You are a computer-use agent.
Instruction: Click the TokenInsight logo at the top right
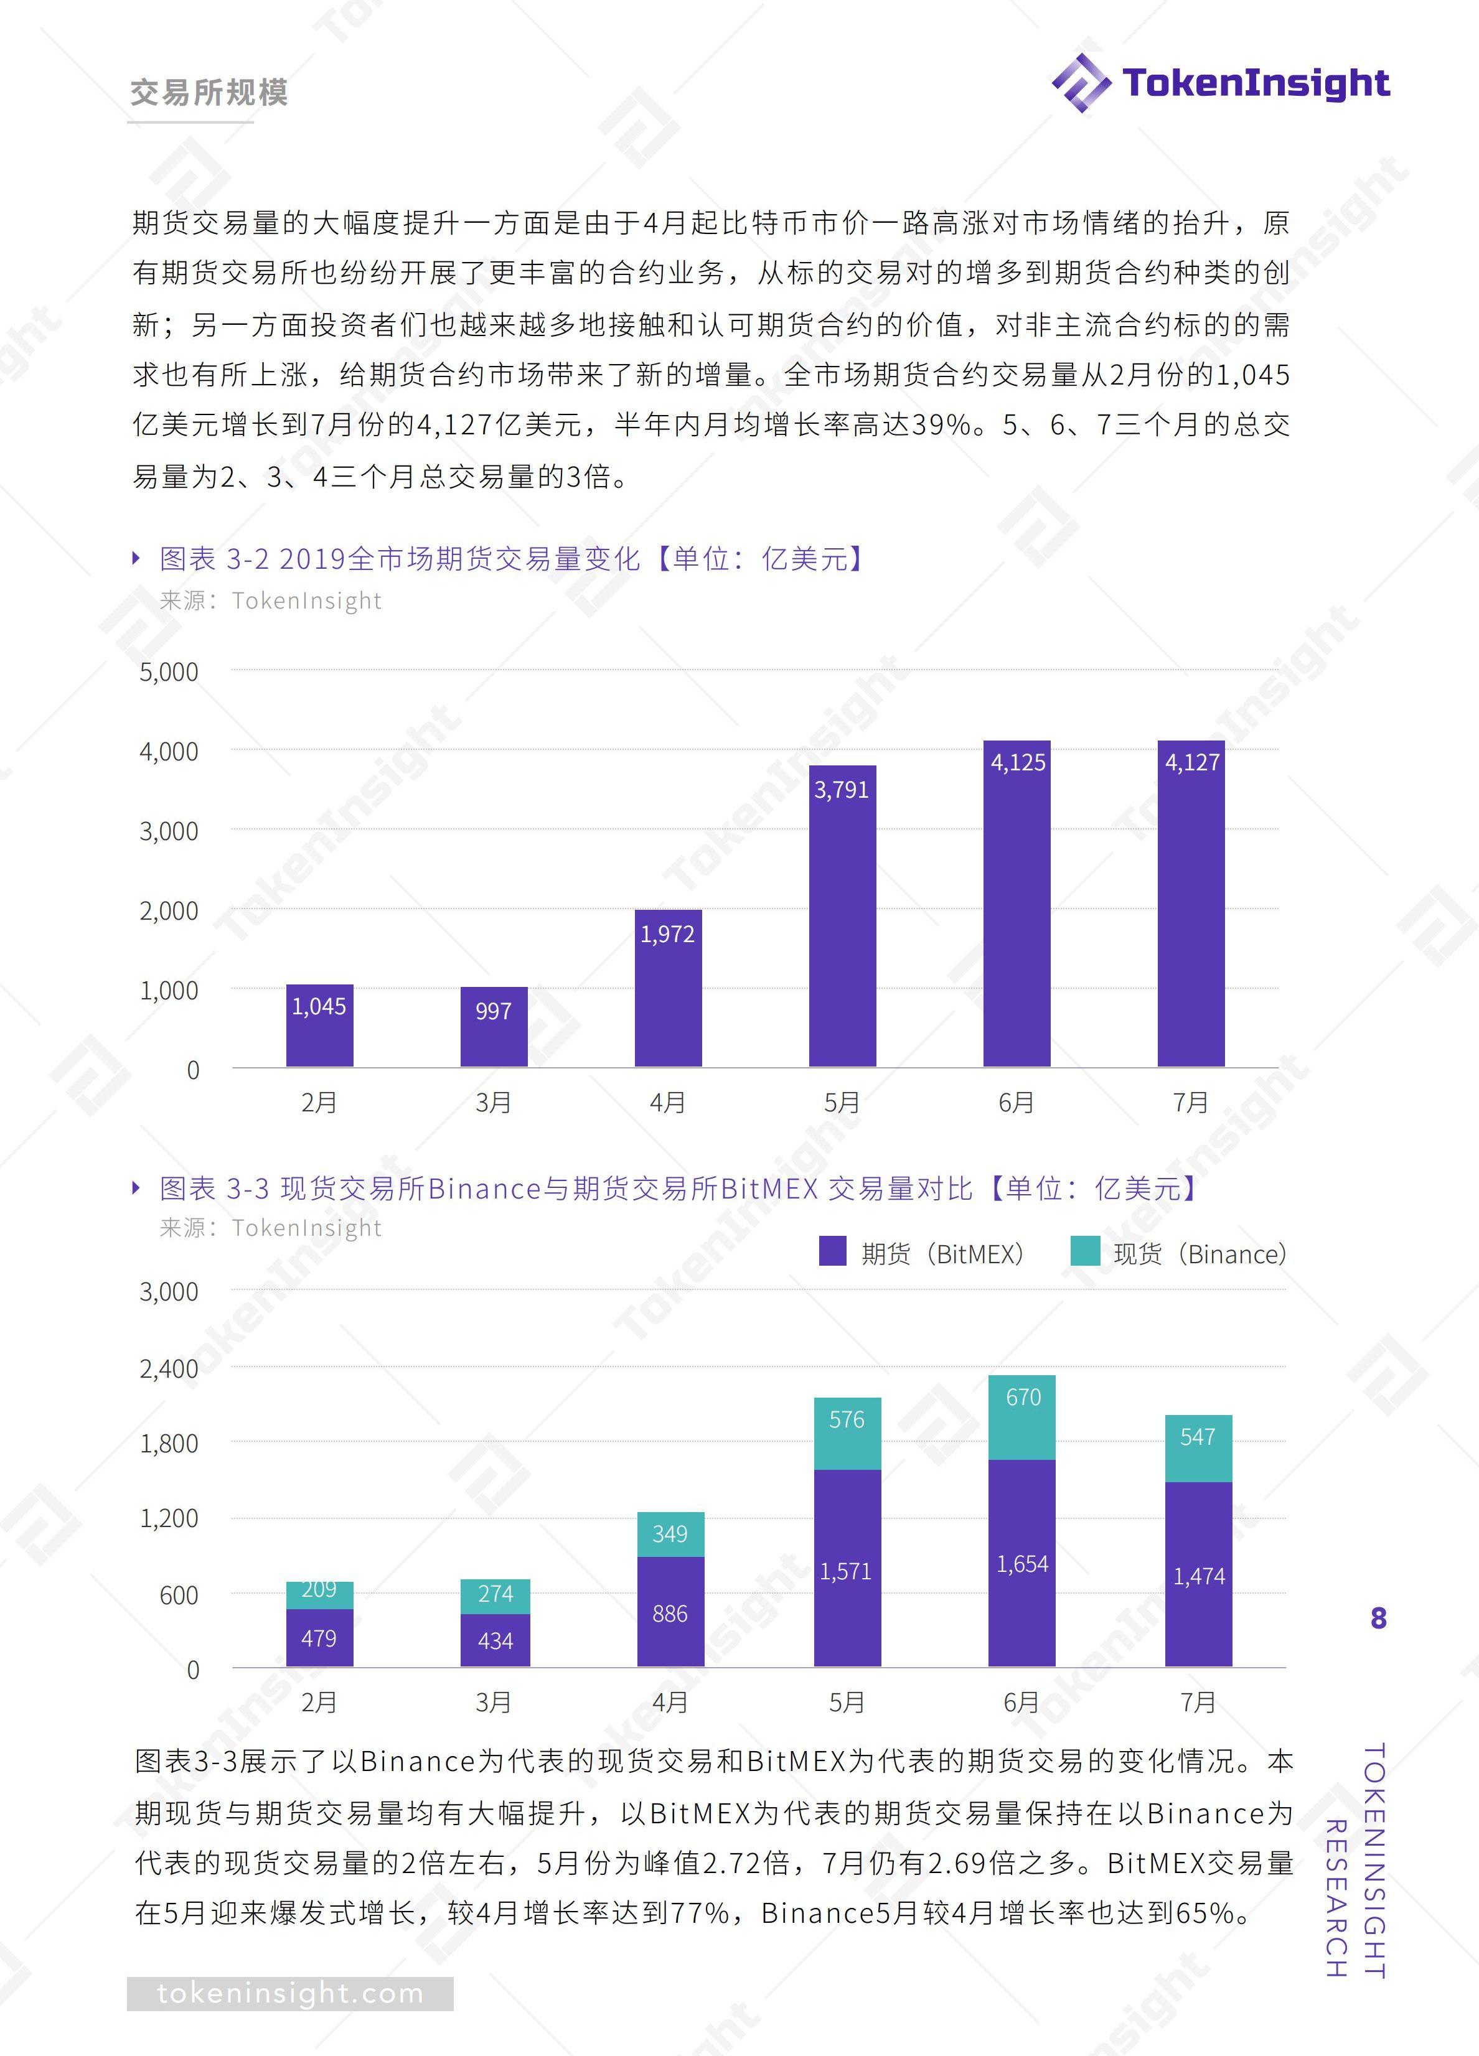(x=1219, y=83)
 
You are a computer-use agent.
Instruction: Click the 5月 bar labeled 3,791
(x=842, y=915)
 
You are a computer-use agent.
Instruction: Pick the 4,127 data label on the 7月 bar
(x=1191, y=762)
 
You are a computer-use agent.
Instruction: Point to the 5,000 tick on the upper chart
(x=169, y=671)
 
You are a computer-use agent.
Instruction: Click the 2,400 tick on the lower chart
(x=169, y=1368)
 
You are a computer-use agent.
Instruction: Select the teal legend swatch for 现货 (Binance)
(x=1084, y=1252)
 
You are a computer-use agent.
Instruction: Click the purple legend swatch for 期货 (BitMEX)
(x=832, y=1252)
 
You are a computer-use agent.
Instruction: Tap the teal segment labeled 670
(x=1022, y=1417)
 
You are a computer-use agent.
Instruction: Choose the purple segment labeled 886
(x=670, y=1611)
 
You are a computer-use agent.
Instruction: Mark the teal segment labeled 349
(x=670, y=1534)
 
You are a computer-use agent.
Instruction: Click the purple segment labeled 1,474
(x=1198, y=1574)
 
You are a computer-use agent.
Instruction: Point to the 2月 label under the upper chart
(x=319, y=1102)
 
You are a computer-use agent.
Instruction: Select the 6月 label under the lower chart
(x=1021, y=1701)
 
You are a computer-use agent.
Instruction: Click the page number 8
(x=1378, y=1618)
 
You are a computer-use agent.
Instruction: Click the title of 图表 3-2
(x=512, y=558)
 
